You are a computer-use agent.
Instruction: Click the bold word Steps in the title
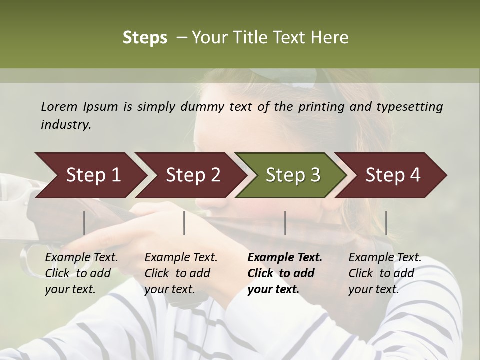point(145,38)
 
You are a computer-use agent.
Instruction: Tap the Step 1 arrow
point(90,175)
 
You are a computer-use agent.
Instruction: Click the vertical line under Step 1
point(84,223)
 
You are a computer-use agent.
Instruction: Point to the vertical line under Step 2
point(184,223)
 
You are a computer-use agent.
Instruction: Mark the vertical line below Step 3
point(285,223)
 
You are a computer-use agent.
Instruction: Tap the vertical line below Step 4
point(386,223)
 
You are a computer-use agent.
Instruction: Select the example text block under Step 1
point(81,273)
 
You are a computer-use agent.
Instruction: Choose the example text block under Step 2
point(181,273)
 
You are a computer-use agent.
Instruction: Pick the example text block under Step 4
point(385,273)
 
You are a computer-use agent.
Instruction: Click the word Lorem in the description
point(59,106)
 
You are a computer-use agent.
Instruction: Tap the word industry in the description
point(65,125)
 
